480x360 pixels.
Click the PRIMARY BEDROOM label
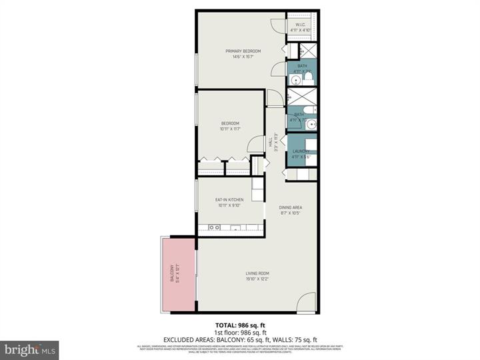point(243,51)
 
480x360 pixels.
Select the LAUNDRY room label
point(301,151)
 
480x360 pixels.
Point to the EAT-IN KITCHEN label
point(229,199)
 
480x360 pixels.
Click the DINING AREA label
point(291,207)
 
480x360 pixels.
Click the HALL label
point(271,143)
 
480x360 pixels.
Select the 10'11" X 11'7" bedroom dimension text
point(230,129)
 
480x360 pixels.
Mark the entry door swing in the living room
point(305,302)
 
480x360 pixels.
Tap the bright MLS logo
point(29,349)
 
